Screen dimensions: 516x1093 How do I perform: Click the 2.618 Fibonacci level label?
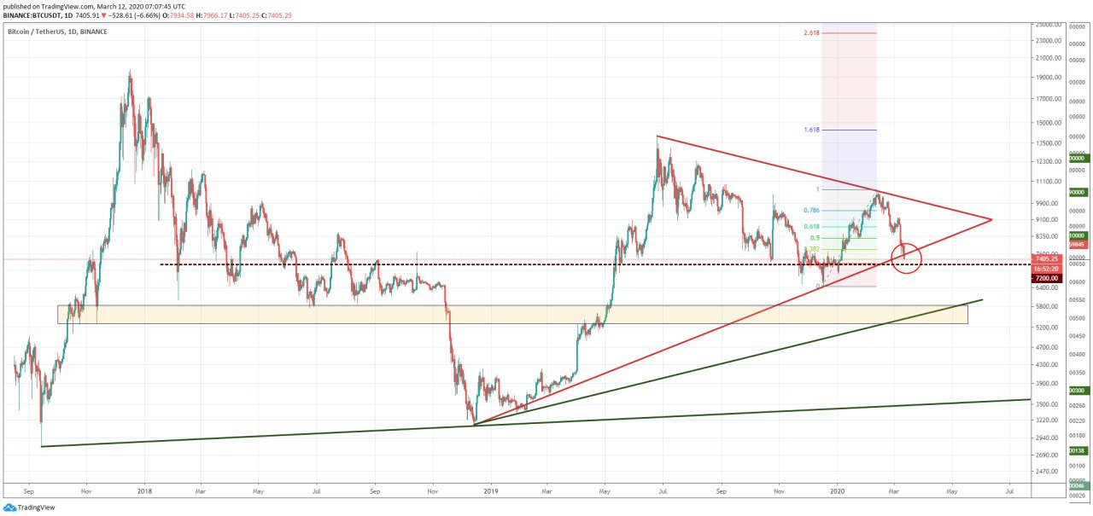pyautogui.click(x=811, y=33)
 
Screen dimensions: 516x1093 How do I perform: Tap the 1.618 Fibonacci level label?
pyautogui.click(x=811, y=130)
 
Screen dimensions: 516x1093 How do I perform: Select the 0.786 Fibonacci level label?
pyautogui.click(x=811, y=210)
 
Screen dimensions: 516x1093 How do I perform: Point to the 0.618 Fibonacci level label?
pyautogui.click(x=811, y=226)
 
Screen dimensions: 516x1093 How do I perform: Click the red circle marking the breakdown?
pyautogui.click(x=906, y=258)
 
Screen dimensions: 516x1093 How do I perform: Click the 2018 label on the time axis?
pyautogui.click(x=143, y=491)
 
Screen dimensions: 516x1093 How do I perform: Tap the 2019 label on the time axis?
pyautogui.click(x=490, y=491)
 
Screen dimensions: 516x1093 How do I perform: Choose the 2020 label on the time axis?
pyautogui.click(x=837, y=491)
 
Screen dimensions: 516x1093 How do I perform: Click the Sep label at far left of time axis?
pyautogui.click(x=29, y=491)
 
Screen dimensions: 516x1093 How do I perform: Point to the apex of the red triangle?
pyautogui.click(x=991, y=219)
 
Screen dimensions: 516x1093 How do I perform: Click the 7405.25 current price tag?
pyautogui.click(x=1046, y=258)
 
